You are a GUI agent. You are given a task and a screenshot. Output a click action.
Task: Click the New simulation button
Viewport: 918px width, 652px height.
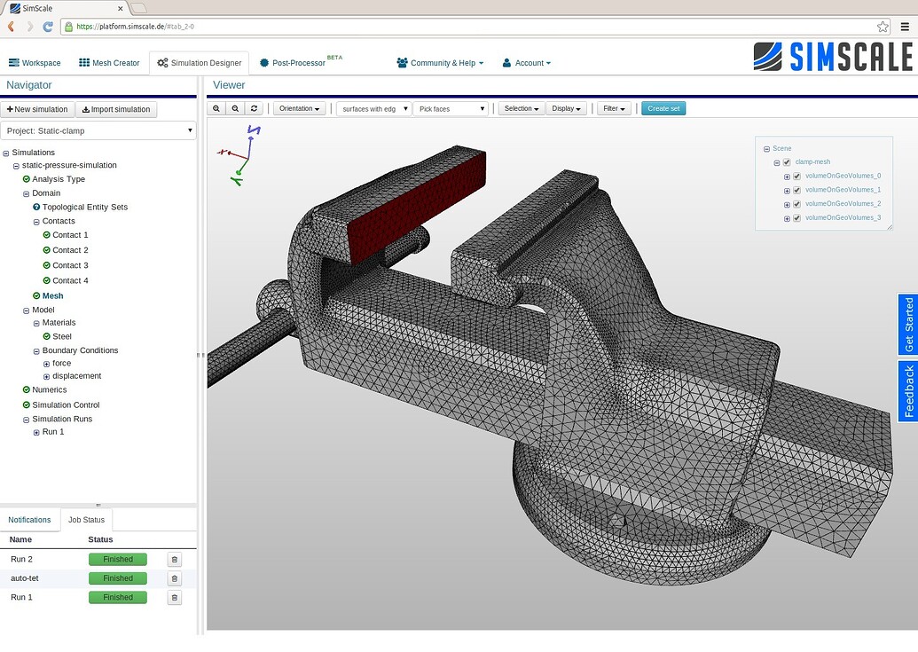pyautogui.click(x=37, y=109)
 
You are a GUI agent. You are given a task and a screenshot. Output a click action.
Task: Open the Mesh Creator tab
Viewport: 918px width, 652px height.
pyautogui.click(x=109, y=63)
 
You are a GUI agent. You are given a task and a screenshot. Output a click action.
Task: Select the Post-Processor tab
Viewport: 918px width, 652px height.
pyautogui.click(x=298, y=63)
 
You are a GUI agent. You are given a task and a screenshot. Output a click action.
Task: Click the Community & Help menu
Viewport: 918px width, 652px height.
pyautogui.click(x=440, y=63)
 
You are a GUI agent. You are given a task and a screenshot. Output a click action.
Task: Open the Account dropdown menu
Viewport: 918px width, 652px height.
pyautogui.click(x=527, y=63)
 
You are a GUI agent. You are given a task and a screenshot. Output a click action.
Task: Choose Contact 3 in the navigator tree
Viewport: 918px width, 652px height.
pyautogui.click(x=70, y=265)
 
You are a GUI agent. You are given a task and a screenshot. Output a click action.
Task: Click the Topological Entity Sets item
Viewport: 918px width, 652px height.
pyautogui.click(x=84, y=207)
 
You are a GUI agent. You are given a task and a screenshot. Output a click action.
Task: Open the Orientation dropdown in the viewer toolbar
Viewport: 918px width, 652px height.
pyautogui.click(x=299, y=108)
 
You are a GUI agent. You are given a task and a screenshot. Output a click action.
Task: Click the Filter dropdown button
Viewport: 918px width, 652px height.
pyautogui.click(x=614, y=108)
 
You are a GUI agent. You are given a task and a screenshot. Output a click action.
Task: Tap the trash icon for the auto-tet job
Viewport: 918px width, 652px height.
pyautogui.click(x=175, y=578)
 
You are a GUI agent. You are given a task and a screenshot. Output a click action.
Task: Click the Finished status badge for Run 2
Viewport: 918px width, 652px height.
pyautogui.click(x=117, y=559)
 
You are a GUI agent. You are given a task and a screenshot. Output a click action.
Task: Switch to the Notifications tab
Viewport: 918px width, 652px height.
pyautogui.click(x=29, y=520)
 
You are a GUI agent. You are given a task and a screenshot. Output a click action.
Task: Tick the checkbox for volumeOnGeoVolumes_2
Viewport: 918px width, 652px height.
pyautogui.click(x=796, y=204)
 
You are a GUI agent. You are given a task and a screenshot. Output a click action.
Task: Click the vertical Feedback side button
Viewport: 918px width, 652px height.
pyautogui.click(x=907, y=390)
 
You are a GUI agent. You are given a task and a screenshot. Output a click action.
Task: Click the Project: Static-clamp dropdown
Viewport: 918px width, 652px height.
pyautogui.click(x=98, y=130)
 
